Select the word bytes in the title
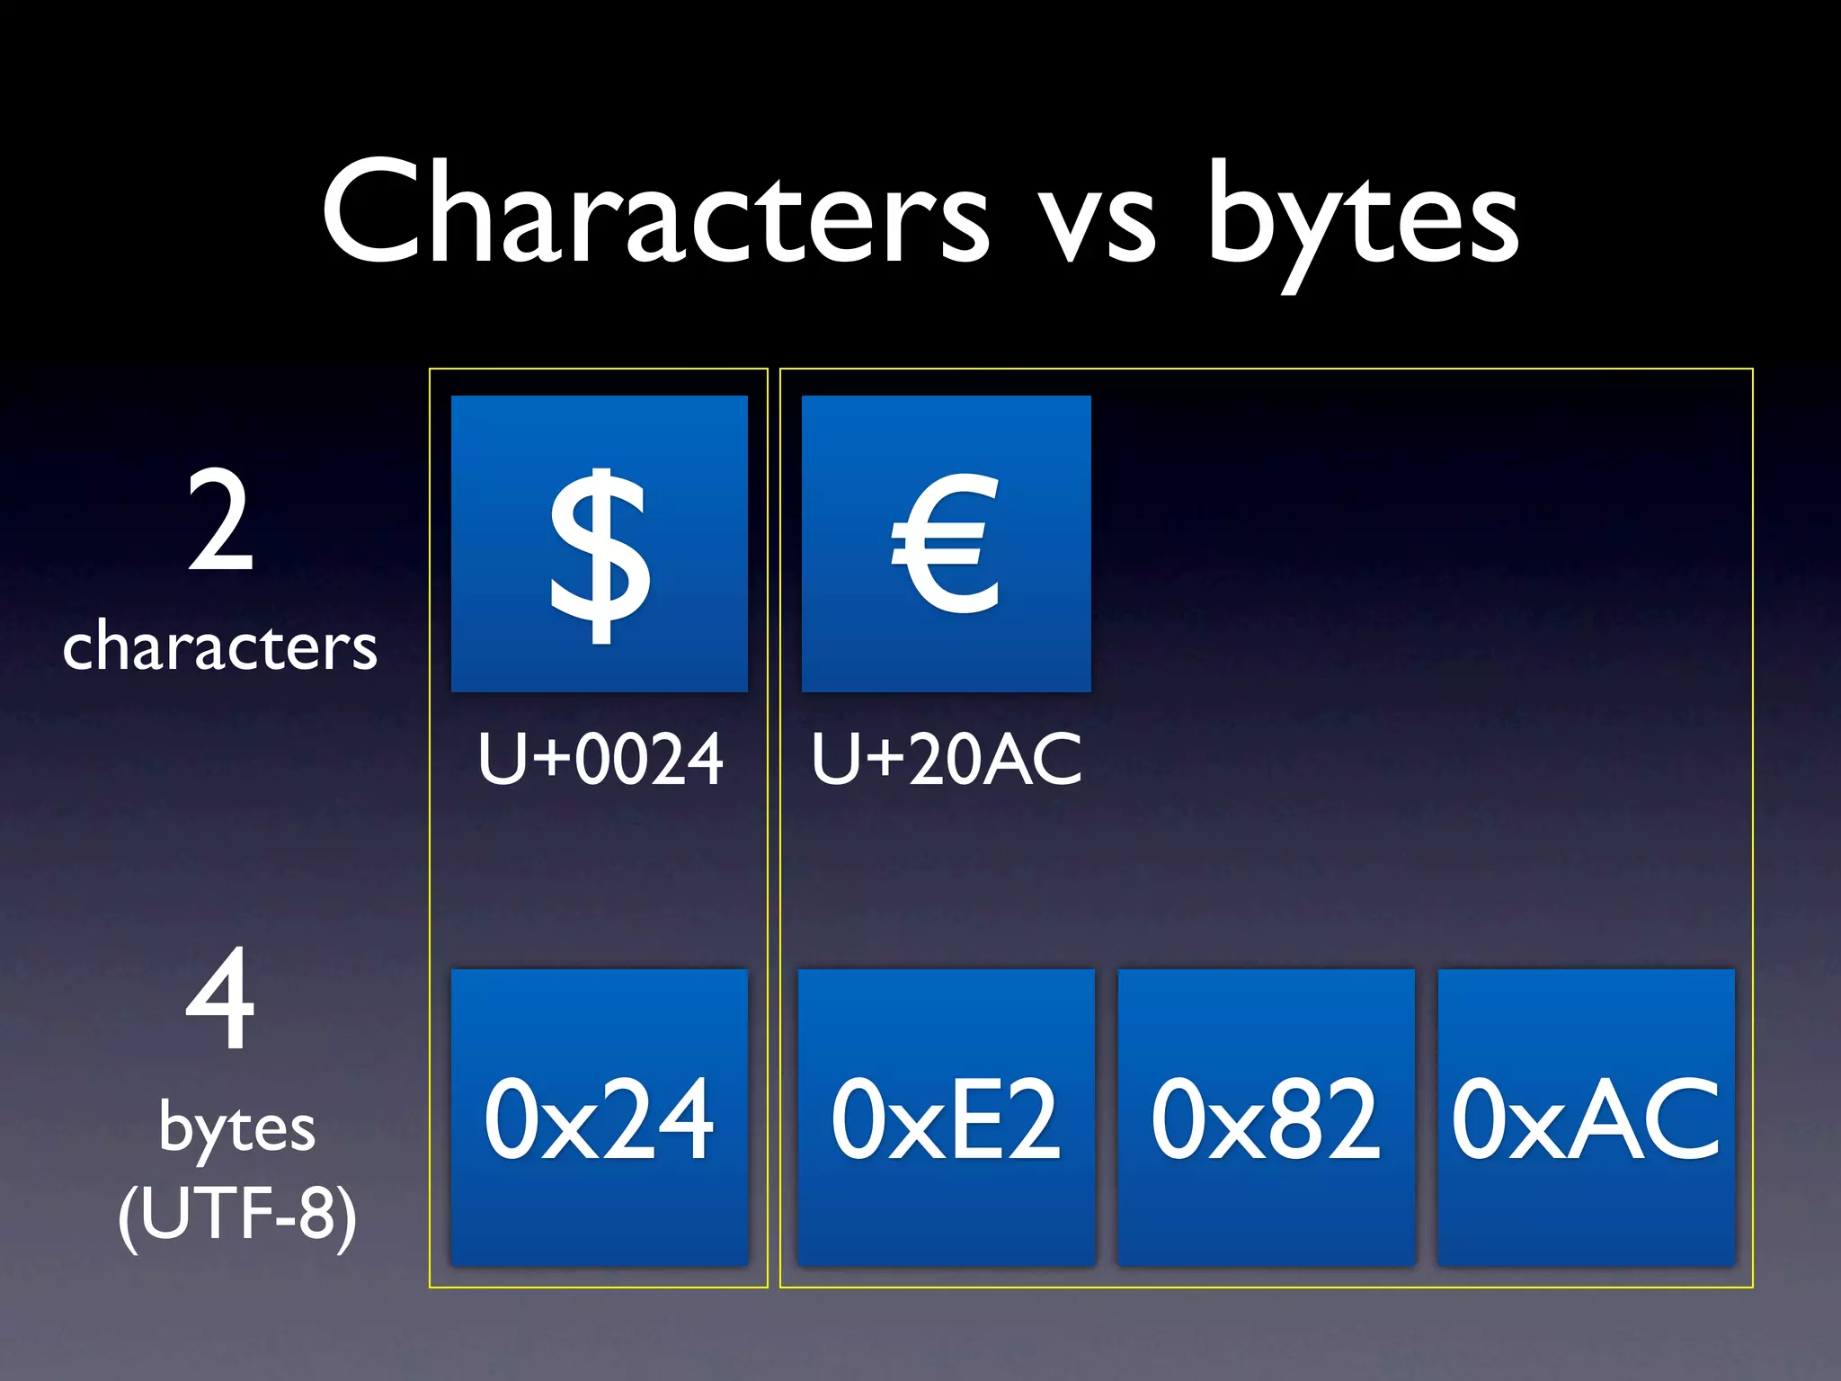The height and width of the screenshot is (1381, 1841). (1362, 220)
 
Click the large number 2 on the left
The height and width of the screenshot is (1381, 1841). (220, 521)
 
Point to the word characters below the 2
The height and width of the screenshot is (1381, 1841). (220, 646)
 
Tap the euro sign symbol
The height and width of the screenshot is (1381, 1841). (946, 544)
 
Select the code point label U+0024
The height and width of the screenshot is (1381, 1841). (600, 760)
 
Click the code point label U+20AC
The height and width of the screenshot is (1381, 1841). (946, 760)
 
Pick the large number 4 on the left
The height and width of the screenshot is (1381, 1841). (220, 998)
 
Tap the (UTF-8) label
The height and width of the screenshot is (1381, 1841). (237, 1214)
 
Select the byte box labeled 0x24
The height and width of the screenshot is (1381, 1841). (600, 1118)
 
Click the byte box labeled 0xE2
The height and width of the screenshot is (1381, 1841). (946, 1118)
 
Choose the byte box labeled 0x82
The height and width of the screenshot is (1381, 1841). (1266, 1118)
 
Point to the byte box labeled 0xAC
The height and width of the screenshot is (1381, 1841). (1586, 1118)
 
